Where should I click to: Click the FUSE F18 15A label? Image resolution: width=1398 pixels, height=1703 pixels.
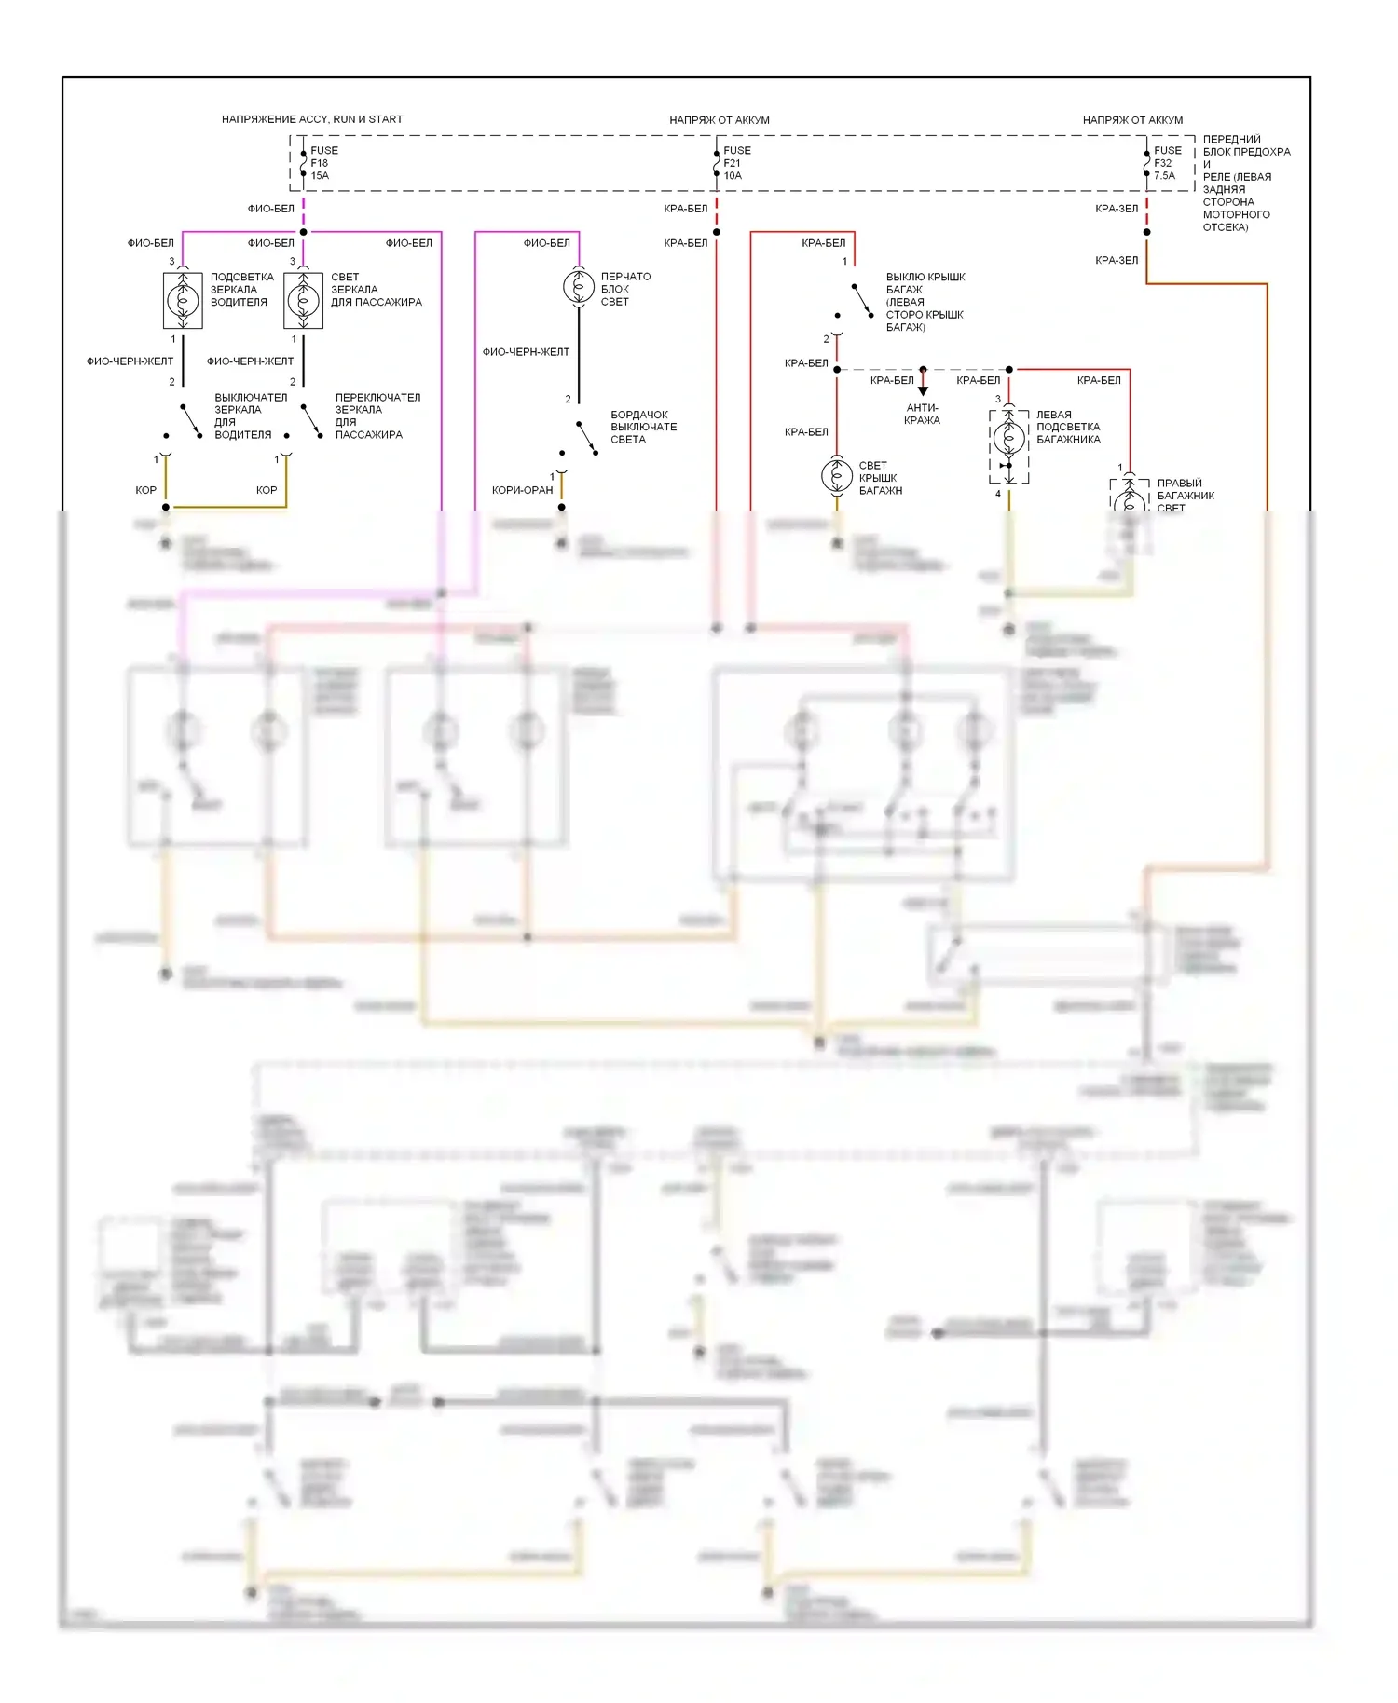click(323, 163)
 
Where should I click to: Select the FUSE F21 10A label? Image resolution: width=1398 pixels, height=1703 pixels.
click(736, 163)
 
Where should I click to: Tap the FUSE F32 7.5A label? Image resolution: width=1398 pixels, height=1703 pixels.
click(1167, 163)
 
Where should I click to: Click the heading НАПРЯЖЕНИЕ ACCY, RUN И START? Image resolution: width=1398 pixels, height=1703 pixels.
click(312, 119)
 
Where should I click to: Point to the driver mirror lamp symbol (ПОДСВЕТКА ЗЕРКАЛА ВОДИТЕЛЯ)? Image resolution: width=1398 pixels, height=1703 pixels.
click(183, 300)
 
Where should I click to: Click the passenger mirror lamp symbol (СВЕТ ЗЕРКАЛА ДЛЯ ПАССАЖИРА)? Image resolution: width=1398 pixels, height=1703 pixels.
click(303, 300)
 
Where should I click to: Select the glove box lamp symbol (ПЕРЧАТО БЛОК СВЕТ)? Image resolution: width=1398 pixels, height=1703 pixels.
click(579, 286)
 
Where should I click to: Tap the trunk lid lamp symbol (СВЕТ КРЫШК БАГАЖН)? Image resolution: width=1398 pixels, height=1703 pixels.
click(836, 476)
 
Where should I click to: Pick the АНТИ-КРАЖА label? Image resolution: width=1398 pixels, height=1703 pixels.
click(922, 414)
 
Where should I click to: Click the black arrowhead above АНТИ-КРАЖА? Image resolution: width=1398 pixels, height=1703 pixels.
click(923, 390)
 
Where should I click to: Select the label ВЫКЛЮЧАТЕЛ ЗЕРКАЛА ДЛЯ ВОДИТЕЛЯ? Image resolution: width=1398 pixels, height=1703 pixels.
click(250, 416)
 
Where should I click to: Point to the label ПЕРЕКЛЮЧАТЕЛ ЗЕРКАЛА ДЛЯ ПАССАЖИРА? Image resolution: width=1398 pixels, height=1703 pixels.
click(377, 416)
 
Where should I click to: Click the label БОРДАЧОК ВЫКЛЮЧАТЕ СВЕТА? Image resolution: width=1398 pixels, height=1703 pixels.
click(643, 427)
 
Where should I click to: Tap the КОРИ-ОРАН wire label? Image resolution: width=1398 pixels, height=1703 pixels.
click(522, 490)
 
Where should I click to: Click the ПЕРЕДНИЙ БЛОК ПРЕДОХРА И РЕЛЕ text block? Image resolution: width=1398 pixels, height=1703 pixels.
click(1245, 183)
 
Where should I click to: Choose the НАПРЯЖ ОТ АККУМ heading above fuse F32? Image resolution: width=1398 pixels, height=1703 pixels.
click(1132, 120)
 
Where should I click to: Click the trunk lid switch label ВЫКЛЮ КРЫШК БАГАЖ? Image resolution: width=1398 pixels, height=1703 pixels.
click(925, 302)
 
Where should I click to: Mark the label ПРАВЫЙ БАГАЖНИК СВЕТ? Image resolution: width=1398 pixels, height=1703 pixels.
click(1185, 496)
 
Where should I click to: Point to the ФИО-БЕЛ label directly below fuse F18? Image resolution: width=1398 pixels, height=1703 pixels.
click(270, 209)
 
